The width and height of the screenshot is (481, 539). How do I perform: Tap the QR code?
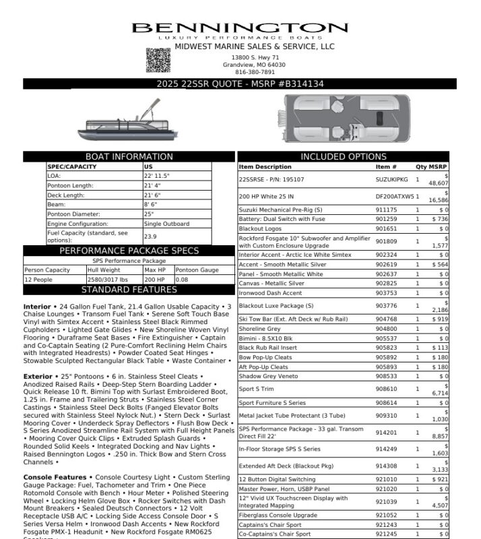pyautogui.click(x=158, y=61)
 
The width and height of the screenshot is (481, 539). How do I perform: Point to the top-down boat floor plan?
pyautogui.click(x=346, y=117)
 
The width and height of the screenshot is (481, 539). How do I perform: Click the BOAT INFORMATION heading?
pyautogui.click(x=129, y=157)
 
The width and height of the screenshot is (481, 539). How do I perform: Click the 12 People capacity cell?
pyautogui.click(x=38, y=279)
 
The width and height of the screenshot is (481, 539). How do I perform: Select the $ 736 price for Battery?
pyautogui.click(x=439, y=219)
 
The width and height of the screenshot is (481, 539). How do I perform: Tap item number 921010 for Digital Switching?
pyautogui.click(x=386, y=479)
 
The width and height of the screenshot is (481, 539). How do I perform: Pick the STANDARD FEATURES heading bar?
pyautogui.click(x=129, y=290)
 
